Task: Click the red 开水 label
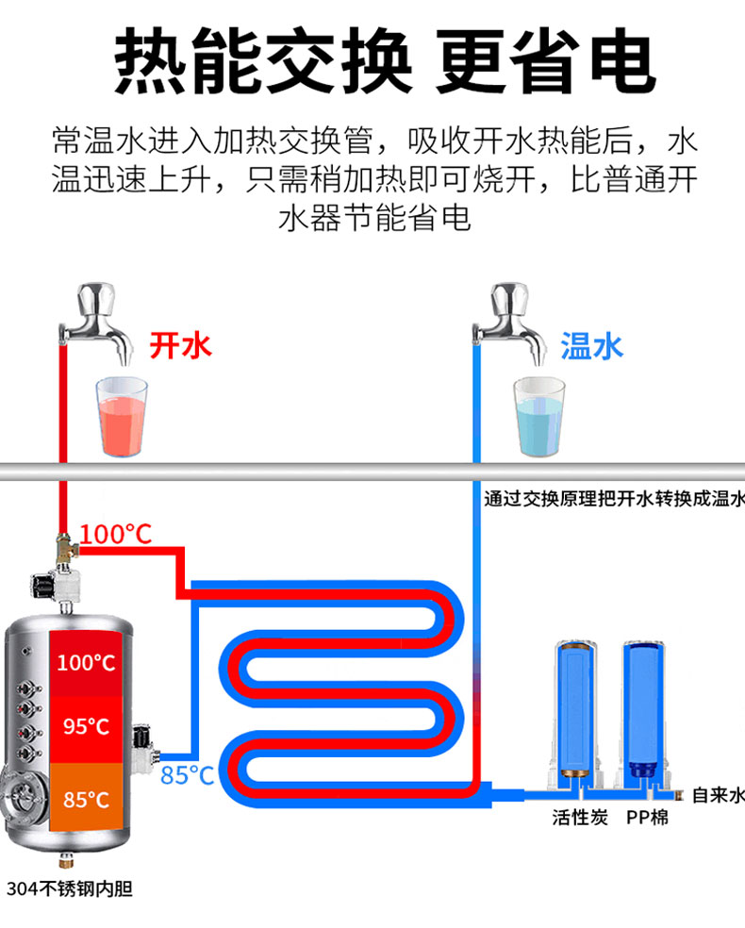click(181, 345)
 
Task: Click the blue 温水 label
click(592, 345)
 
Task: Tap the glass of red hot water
click(122, 416)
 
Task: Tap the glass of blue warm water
click(538, 416)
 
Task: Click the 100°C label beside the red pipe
click(115, 535)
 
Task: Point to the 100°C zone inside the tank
click(86, 662)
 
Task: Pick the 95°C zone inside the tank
click(86, 726)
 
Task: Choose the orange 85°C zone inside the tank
click(86, 800)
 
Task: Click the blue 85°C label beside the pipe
click(188, 775)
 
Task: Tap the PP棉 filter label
click(647, 817)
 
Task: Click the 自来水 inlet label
click(718, 794)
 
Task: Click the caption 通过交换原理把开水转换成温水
click(614, 499)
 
